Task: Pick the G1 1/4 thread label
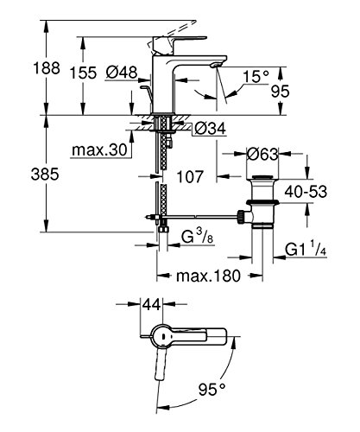point(306,252)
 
